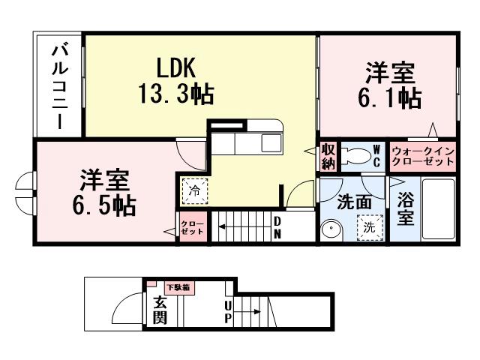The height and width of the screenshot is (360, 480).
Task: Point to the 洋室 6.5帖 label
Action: [x=104, y=193]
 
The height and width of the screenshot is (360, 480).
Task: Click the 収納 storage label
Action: [x=328, y=155]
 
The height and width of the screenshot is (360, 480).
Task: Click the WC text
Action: [x=377, y=156]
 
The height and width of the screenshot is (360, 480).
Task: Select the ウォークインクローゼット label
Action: [x=423, y=156]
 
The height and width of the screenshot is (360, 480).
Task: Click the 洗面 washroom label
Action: [x=354, y=202]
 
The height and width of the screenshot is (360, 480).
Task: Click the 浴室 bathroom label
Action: [x=405, y=208]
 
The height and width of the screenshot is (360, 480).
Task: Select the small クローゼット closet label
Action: [x=192, y=226]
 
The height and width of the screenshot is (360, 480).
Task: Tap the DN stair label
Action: [x=277, y=227]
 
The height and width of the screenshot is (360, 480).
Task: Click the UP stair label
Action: [x=228, y=311]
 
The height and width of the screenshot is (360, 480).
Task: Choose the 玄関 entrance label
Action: [x=160, y=309]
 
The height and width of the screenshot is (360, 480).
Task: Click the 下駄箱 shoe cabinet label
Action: [x=178, y=286]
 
